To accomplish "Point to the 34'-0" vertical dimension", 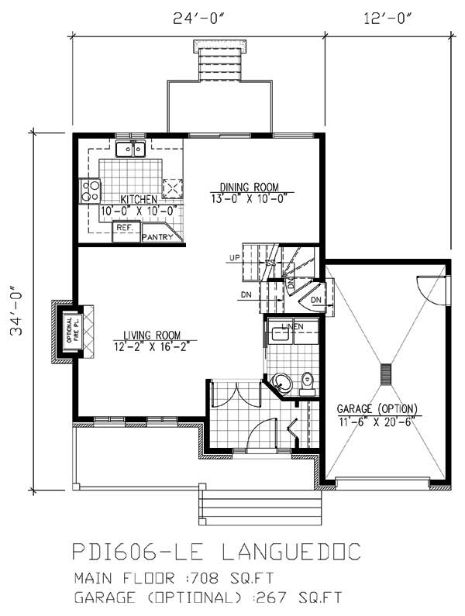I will (15, 311).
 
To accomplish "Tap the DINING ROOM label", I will (248, 187).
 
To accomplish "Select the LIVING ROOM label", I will (155, 335).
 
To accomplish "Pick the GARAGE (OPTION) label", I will (377, 408).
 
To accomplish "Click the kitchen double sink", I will (131, 149).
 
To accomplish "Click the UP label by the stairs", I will (234, 256).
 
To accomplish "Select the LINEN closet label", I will (291, 326).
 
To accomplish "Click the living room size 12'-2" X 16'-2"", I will (155, 346).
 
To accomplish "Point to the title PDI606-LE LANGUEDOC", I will (216, 552).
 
